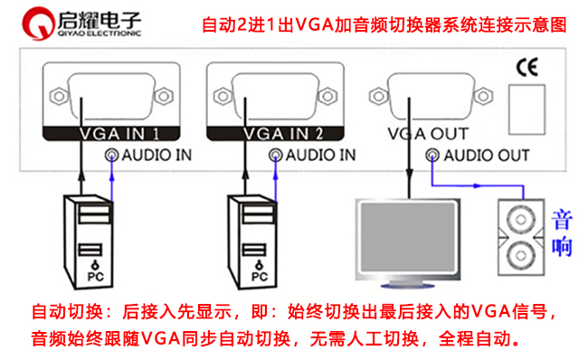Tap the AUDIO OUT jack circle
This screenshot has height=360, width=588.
(x=434, y=156)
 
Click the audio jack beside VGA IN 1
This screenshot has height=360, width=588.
(x=111, y=155)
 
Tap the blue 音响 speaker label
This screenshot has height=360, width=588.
(x=563, y=232)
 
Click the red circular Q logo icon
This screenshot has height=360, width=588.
(x=38, y=23)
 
